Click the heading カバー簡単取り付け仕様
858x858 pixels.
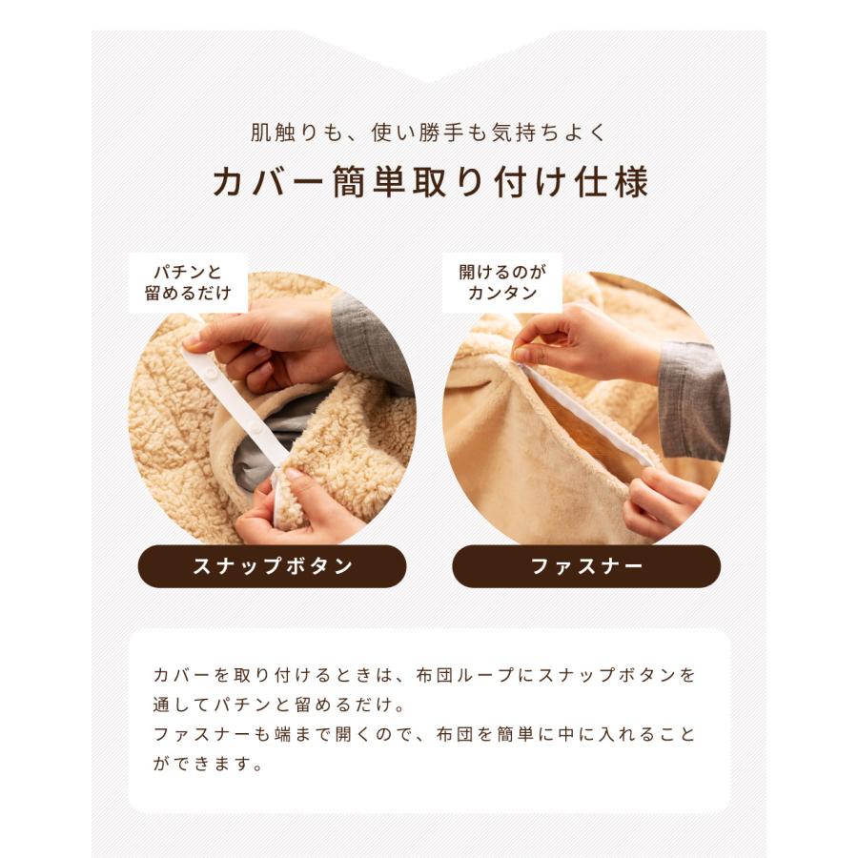[x=429, y=182]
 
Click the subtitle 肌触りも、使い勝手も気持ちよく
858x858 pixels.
[x=429, y=133]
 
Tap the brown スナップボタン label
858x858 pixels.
[x=273, y=566]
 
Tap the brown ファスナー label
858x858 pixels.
[x=586, y=566]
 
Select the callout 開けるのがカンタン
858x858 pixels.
[x=501, y=283]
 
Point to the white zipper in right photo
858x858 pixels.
[x=591, y=419]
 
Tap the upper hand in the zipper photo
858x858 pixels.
[x=582, y=343]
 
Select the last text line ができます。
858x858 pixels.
[x=207, y=765]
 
